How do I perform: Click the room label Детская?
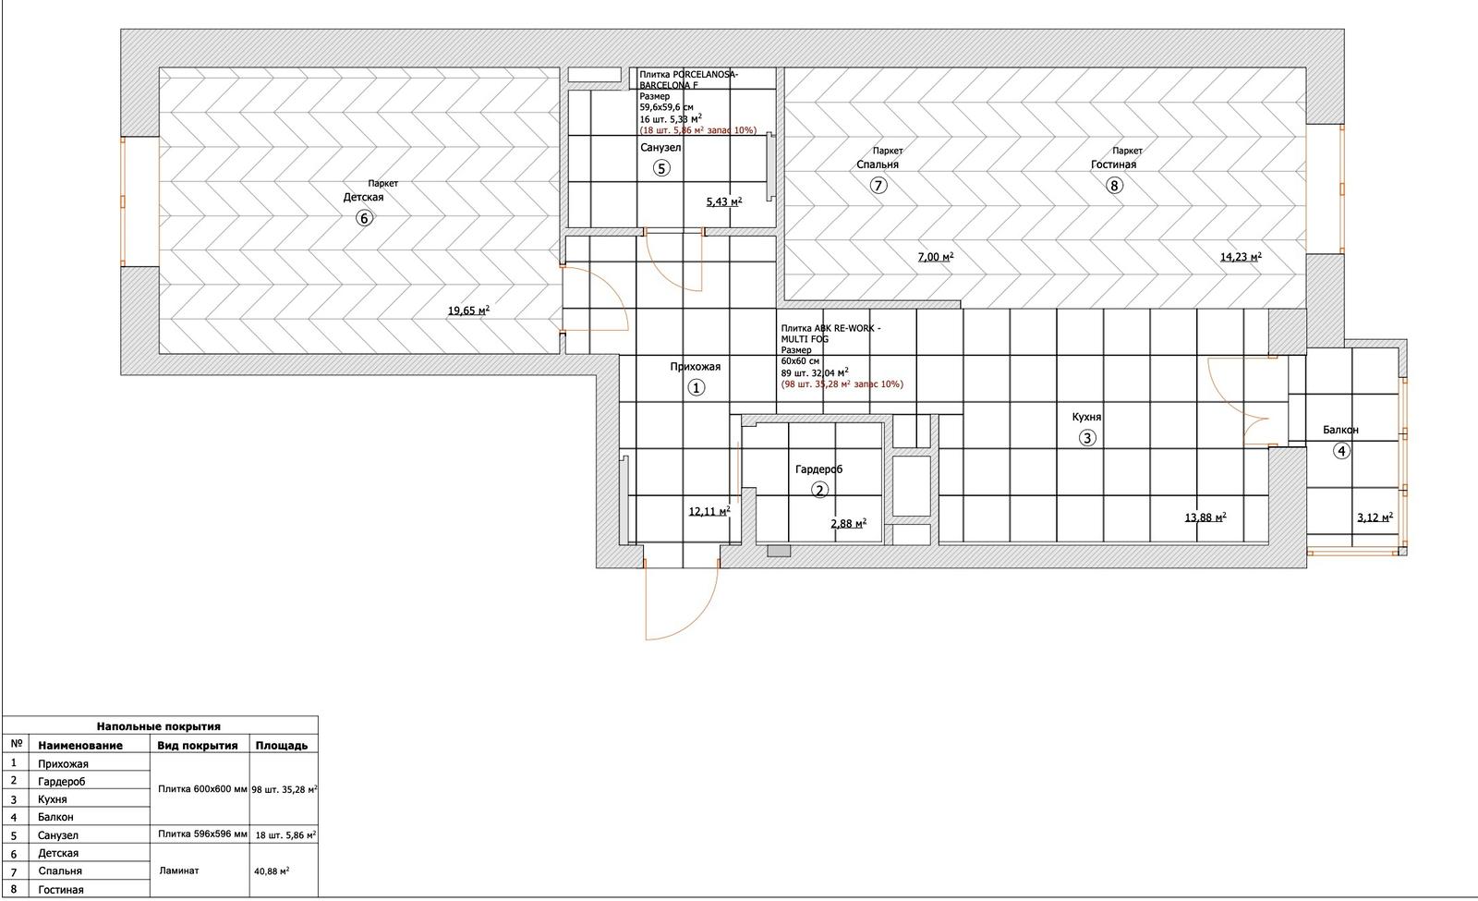pyautogui.click(x=363, y=198)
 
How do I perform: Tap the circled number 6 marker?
pyautogui.click(x=364, y=218)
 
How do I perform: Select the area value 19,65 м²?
pyautogui.click(x=468, y=311)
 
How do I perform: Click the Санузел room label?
pyautogui.click(x=660, y=148)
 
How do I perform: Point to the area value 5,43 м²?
pyautogui.click(x=724, y=201)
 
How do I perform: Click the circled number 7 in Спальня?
pyautogui.click(x=878, y=185)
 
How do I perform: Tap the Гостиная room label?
pyautogui.click(x=1113, y=165)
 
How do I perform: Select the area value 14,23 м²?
pyautogui.click(x=1241, y=258)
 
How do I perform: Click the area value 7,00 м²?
pyautogui.click(x=935, y=258)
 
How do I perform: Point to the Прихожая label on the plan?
pyautogui.click(x=695, y=367)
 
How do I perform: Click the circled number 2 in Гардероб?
pyautogui.click(x=819, y=491)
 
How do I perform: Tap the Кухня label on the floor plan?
pyautogui.click(x=1086, y=418)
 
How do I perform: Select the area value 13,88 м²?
pyautogui.click(x=1205, y=518)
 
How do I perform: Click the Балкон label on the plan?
pyautogui.click(x=1340, y=431)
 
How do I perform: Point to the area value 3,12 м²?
pyautogui.click(x=1374, y=518)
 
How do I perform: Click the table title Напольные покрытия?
pyautogui.click(x=159, y=726)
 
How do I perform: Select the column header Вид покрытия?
pyautogui.click(x=198, y=745)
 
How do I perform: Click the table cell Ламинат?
pyautogui.click(x=179, y=871)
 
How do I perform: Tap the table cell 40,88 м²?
pyautogui.click(x=272, y=871)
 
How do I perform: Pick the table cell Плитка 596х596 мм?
pyautogui.click(x=202, y=834)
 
